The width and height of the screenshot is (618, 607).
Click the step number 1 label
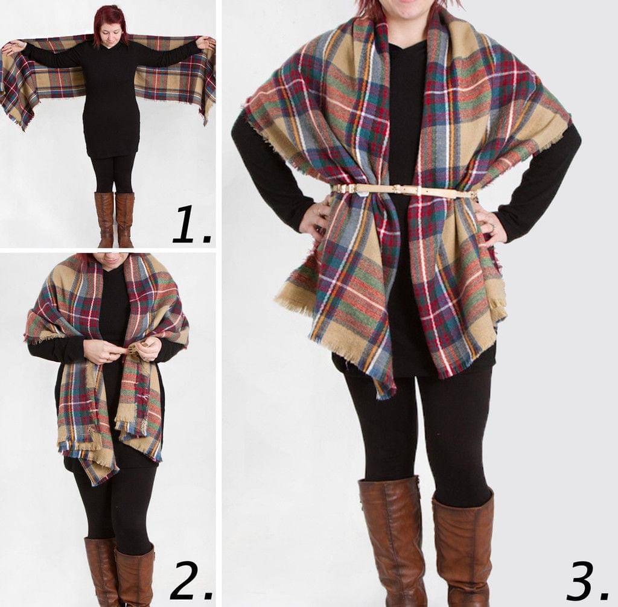point(192,223)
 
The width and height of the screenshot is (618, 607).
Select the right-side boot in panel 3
point(463,548)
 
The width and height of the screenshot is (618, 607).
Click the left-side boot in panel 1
point(105,220)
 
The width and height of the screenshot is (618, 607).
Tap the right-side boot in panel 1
point(125,220)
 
